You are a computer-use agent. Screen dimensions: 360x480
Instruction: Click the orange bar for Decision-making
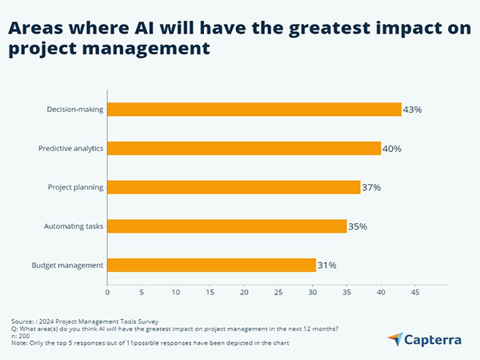pyautogui.click(x=254, y=110)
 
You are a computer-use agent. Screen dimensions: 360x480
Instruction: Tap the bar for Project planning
pyautogui.click(x=234, y=187)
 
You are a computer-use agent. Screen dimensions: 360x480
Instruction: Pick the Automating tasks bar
pyautogui.click(x=226, y=226)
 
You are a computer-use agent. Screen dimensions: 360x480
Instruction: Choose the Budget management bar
pyautogui.click(x=211, y=265)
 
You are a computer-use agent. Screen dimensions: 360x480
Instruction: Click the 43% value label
pyautogui.click(x=413, y=110)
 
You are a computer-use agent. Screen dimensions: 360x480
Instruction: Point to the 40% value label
pyautogui.click(x=392, y=149)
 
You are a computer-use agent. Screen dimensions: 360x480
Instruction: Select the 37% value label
pyautogui.click(x=371, y=188)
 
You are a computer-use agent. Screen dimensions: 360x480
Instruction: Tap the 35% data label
pyautogui.click(x=358, y=226)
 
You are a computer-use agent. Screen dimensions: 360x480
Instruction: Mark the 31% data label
pyautogui.click(x=327, y=265)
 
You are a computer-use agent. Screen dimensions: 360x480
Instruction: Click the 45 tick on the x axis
pyautogui.click(x=415, y=293)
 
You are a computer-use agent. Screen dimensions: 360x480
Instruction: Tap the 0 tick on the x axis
pyautogui.click(x=107, y=293)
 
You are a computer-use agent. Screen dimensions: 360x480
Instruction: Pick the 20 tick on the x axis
pyautogui.click(x=244, y=293)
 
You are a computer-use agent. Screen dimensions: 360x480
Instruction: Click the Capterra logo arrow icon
pyautogui.click(x=394, y=339)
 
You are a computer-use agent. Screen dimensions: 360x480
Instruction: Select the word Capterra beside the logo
pyautogui.click(x=433, y=340)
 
